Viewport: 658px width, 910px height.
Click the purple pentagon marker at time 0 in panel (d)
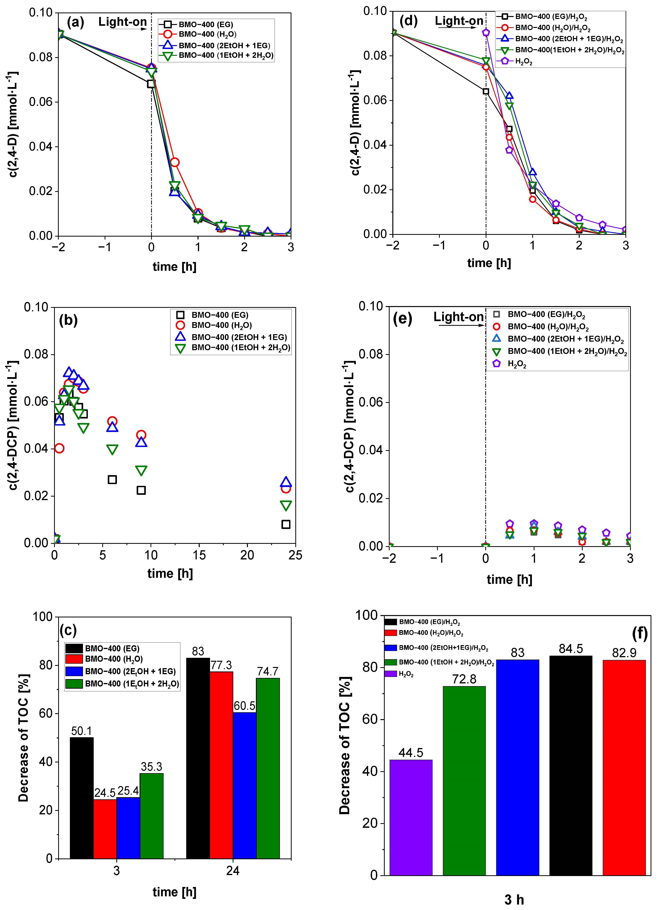[x=486, y=32]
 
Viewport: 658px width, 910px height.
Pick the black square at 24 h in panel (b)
[x=286, y=524]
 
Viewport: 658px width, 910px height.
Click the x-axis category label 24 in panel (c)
[x=233, y=871]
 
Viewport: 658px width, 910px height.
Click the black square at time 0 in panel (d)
[x=486, y=92]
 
